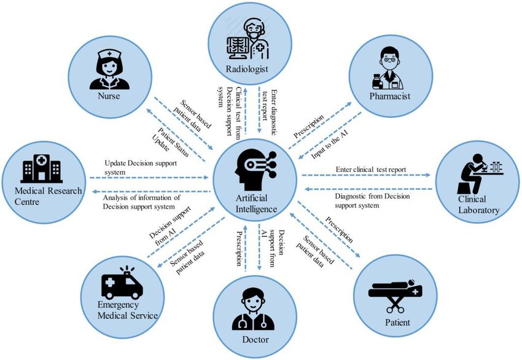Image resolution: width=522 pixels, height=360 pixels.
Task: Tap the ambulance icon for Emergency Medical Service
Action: [121, 284]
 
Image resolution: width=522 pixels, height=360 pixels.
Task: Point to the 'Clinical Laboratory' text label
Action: [480, 205]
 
